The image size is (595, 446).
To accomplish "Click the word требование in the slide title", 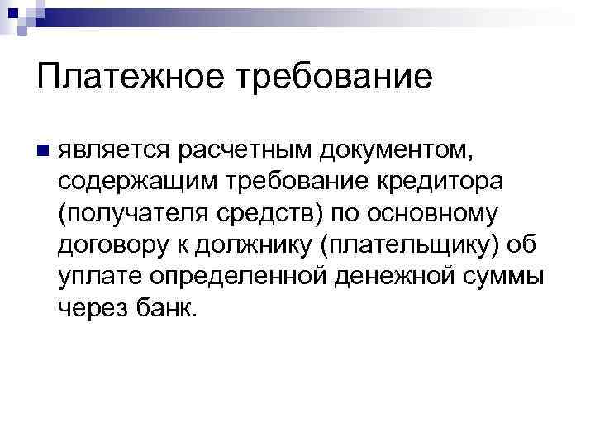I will coord(336,78).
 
